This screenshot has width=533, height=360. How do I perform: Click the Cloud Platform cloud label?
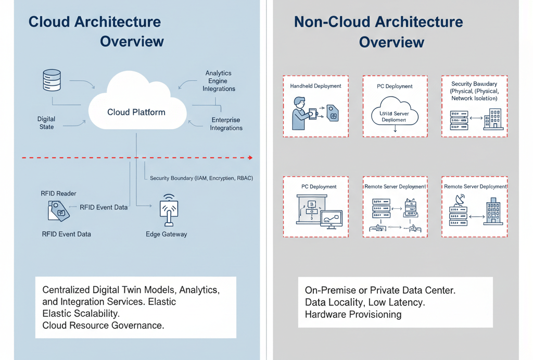tap(136, 112)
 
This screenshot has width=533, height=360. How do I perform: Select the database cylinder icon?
tap(52, 81)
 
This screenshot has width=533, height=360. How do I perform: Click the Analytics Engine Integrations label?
tap(219, 81)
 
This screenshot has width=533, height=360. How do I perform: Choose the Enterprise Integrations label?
tap(226, 124)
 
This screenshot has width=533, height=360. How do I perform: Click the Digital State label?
tap(46, 123)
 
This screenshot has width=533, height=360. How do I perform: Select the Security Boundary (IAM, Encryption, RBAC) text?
tap(201, 178)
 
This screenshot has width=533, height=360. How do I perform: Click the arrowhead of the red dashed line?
tap(251, 157)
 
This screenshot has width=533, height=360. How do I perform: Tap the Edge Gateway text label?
tap(166, 234)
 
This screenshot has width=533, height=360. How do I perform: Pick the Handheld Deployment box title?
tap(315, 86)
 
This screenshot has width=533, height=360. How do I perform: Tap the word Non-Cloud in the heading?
tap(332, 22)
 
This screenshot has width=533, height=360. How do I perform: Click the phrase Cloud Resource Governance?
tap(103, 325)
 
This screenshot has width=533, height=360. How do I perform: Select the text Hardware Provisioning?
tap(353, 314)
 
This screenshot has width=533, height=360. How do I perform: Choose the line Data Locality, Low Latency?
tap(365, 302)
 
